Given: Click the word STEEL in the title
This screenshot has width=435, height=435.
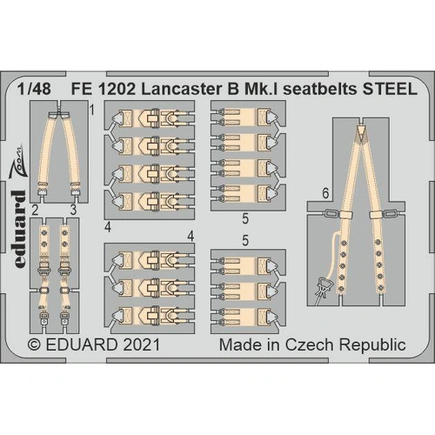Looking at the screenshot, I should pyautogui.click(x=390, y=87).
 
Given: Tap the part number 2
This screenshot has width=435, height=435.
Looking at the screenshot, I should pyautogui.click(x=34, y=209).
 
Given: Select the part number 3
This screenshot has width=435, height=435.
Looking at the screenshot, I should pyautogui.click(x=74, y=209).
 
